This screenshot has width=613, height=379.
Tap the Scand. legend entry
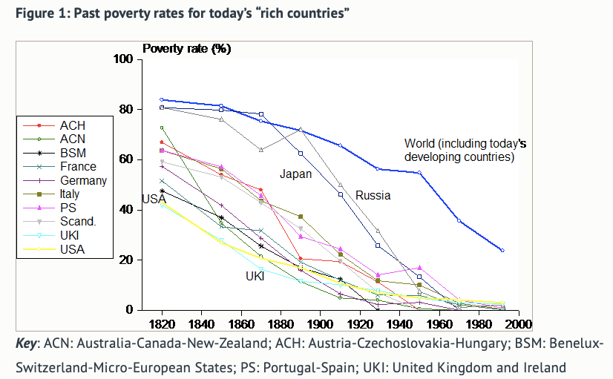point(79,222)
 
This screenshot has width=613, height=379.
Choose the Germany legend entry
point(83,180)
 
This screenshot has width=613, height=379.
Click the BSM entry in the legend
point(73,153)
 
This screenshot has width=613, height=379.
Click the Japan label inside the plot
point(295,175)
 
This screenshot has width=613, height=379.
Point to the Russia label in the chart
point(373,196)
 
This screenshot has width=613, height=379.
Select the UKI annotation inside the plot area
point(256,276)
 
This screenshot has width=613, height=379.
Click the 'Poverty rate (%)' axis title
point(186,49)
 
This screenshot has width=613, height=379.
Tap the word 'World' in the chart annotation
point(420,143)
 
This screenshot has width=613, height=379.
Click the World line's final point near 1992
point(502,251)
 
